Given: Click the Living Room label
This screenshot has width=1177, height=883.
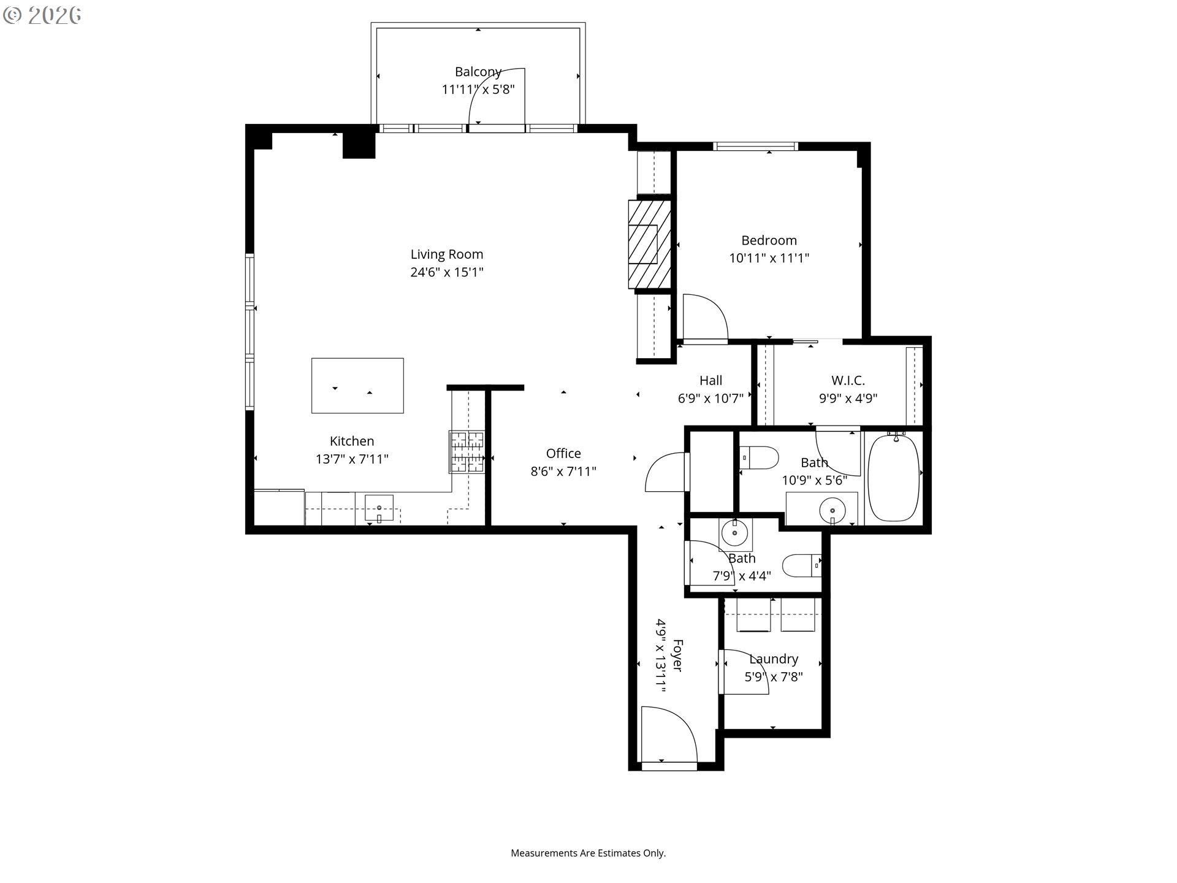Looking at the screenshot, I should [446, 254].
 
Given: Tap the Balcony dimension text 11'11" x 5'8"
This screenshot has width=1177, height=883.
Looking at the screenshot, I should [478, 90].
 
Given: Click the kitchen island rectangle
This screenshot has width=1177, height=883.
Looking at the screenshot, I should [357, 386].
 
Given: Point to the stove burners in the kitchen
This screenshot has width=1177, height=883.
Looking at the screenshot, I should [467, 452].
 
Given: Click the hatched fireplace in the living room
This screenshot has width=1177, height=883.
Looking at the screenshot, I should [649, 244].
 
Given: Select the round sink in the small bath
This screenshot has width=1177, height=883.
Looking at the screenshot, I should [734, 533].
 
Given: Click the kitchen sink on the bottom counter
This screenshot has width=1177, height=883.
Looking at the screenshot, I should [379, 508].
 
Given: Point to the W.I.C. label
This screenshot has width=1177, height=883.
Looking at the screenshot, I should [848, 381].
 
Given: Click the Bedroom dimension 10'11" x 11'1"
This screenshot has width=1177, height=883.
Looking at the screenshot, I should [769, 258].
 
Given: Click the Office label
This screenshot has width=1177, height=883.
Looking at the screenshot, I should [563, 454].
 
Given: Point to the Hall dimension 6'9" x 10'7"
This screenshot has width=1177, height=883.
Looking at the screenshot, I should [710, 399].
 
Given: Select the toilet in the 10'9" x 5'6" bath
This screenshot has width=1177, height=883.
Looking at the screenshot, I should [760, 457].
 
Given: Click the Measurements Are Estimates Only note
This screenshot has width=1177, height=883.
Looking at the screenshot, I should [588, 853].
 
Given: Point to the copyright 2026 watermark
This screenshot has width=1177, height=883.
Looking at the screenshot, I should [42, 15].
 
